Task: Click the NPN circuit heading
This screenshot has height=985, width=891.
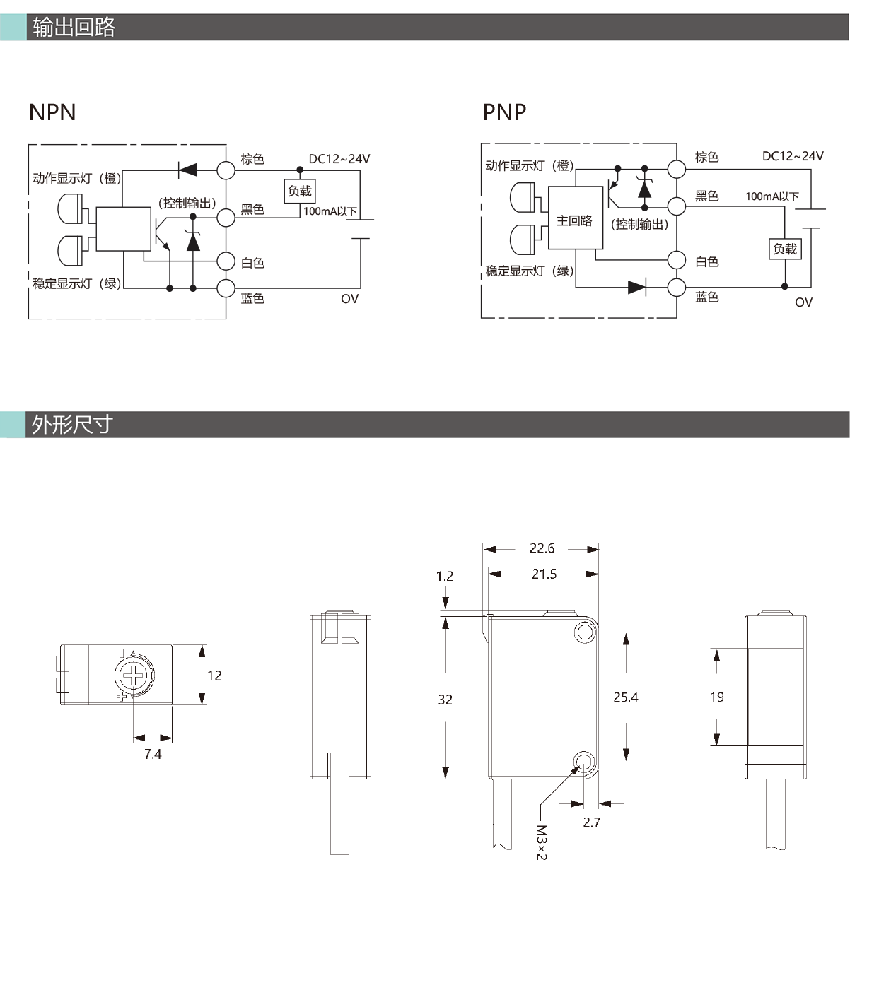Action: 52,112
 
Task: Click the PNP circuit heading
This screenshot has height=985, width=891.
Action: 504,112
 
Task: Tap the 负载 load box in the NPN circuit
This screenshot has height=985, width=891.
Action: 300,191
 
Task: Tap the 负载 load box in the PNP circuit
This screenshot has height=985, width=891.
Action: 785,249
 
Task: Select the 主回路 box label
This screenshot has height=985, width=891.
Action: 574,221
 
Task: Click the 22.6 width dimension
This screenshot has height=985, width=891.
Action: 542,548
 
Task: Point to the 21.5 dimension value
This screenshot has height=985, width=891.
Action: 544,574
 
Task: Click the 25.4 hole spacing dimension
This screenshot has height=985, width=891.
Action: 626,697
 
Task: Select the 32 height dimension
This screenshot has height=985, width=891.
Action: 445,700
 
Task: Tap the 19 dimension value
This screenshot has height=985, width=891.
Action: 716,697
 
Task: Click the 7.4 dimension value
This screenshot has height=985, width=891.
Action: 153,754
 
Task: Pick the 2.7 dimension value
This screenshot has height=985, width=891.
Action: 592,822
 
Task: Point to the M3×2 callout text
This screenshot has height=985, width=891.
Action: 541,842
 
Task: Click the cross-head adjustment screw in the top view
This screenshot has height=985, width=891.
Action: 133,676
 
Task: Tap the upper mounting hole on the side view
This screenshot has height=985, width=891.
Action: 585,632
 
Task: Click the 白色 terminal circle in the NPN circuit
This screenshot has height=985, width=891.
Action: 226,261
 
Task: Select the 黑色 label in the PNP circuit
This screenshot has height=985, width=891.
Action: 706,196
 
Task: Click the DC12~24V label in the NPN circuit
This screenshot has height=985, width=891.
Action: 339,159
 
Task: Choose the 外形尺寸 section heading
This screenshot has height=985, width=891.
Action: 72,425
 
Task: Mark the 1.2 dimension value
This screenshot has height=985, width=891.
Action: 445,576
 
